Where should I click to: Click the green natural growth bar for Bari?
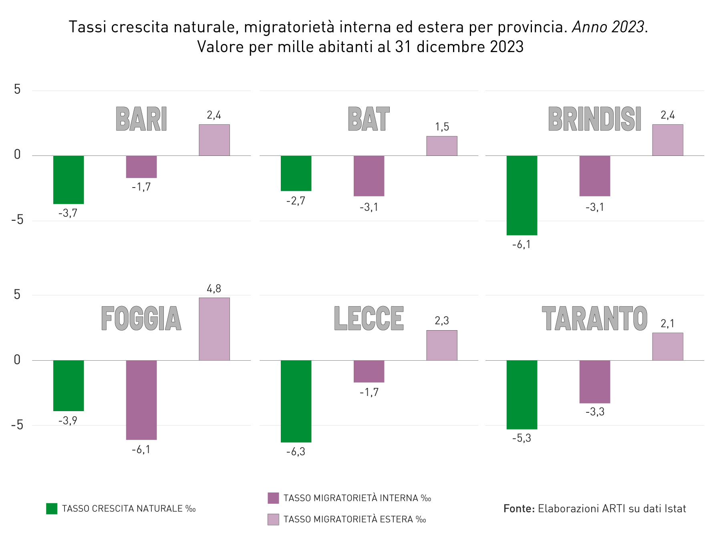click(68, 180)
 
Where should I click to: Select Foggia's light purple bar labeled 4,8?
click(214, 329)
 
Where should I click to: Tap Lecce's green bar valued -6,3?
click(296, 401)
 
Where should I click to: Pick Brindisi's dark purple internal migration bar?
click(595, 176)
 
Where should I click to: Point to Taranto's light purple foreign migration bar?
click(668, 347)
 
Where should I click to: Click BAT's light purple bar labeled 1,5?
click(442, 146)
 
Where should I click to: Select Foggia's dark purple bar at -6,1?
click(141, 400)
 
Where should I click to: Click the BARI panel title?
click(141, 119)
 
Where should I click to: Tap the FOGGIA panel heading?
click(141, 319)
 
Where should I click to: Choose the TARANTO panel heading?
click(595, 319)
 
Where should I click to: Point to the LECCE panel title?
click(369, 319)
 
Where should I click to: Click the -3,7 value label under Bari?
click(68, 213)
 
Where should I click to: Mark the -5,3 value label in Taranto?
click(522, 438)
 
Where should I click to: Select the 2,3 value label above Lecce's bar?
click(442, 321)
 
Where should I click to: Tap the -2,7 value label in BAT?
click(296, 201)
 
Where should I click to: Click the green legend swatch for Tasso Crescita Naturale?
click(52, 509)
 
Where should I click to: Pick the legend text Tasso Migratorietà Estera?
click(354, 519)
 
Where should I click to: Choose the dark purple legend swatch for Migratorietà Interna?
click(273, 498)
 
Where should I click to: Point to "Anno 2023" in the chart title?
click(608, 27)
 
